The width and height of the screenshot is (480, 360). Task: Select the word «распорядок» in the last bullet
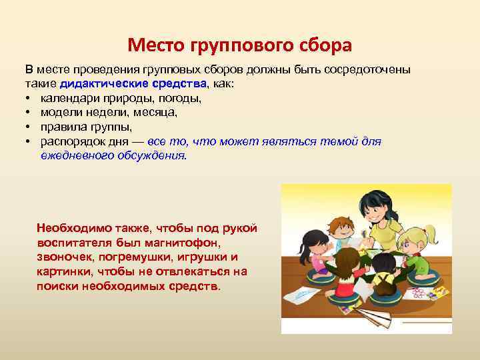(71, 141)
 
